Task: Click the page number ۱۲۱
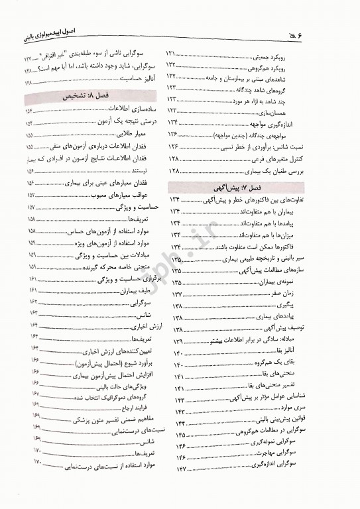[173, 52]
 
